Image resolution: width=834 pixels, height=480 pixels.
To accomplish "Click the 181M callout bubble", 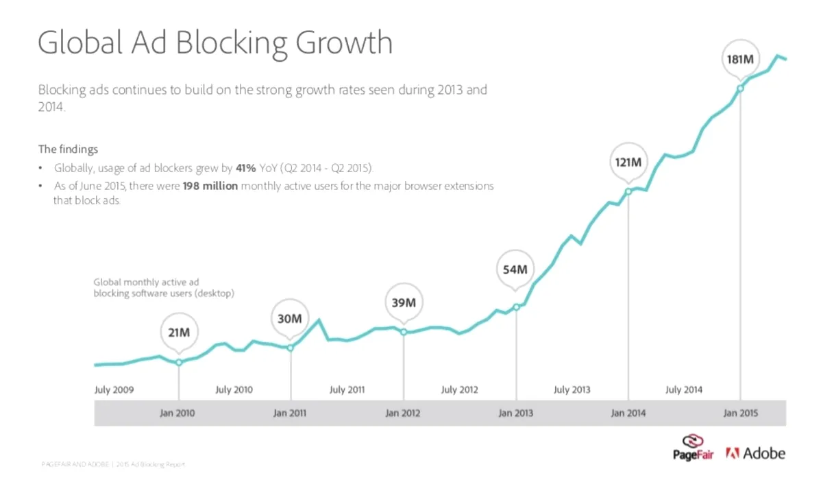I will [740, 60].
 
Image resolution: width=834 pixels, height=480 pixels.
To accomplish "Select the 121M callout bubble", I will [628, 162].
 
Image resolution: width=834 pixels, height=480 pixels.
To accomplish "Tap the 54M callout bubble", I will [515, 269].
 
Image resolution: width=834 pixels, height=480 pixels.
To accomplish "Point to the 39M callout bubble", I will [404, 302].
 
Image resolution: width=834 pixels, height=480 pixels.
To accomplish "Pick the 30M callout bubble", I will [290, 319].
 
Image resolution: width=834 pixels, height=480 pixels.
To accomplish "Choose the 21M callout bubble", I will [179, 333].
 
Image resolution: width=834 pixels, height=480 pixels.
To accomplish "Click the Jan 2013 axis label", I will [515, 413].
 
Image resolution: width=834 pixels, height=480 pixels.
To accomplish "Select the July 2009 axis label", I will [114, 389].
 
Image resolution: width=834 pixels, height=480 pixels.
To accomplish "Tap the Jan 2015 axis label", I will [740, 413].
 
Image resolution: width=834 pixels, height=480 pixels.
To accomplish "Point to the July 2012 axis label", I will [459, 389].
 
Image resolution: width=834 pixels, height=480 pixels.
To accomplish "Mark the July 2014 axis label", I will [683, 389].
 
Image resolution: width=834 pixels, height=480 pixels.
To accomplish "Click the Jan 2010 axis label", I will [177, 413].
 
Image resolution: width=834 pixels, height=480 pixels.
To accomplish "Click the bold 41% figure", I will [246, 169].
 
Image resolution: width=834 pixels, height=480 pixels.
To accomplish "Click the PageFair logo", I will [694, 447].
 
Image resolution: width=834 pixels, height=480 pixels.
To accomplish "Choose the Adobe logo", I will [755, 453].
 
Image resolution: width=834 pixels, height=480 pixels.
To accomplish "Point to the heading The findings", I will [68, 149].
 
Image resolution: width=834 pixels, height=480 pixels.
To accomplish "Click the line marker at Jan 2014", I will [628, 191].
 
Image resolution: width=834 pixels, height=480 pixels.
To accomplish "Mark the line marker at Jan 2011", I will [290, 348].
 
